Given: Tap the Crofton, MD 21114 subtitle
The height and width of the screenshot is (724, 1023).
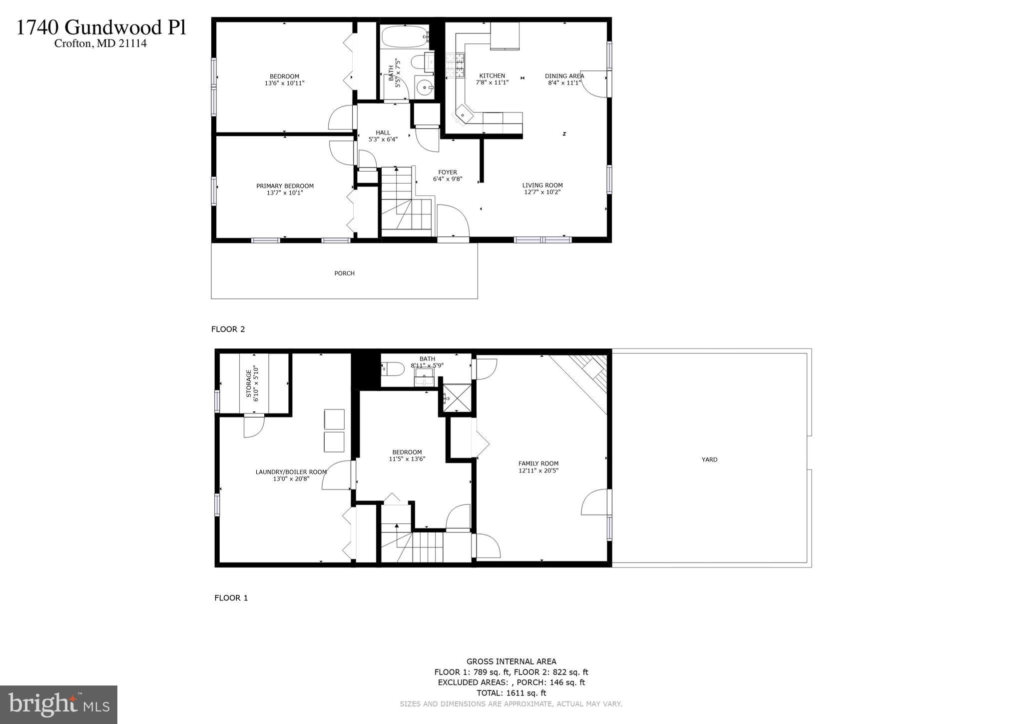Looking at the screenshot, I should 100,43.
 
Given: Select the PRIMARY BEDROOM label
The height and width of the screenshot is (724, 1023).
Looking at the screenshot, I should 285,186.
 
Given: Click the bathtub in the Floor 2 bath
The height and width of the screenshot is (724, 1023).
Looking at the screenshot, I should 404,36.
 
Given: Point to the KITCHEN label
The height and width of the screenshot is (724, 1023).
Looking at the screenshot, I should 492,76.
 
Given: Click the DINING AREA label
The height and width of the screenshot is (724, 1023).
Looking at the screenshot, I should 564,76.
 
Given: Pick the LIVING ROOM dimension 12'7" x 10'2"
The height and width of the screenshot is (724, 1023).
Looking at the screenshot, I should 542,192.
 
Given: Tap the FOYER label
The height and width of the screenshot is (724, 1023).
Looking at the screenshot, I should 448,172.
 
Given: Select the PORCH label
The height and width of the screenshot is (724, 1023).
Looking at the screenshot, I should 344,273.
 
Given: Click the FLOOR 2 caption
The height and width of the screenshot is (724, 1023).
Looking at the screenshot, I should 228,329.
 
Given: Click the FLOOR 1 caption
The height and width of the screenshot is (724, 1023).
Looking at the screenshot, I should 231,597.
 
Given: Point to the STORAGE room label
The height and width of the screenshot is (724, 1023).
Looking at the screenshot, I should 248,384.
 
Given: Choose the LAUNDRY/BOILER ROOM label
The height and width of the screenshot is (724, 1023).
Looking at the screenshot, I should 291,471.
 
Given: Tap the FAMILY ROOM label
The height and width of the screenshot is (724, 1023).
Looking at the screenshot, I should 538,463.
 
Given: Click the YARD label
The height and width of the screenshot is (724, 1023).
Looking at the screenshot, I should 709,459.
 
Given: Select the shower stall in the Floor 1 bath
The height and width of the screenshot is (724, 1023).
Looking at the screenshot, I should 457,398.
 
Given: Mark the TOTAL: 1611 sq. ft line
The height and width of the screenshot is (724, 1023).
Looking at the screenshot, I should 511,693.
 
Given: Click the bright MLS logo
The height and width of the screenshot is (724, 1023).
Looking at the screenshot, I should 58,704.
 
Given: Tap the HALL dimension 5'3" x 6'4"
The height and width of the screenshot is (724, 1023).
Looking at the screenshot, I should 383,139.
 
